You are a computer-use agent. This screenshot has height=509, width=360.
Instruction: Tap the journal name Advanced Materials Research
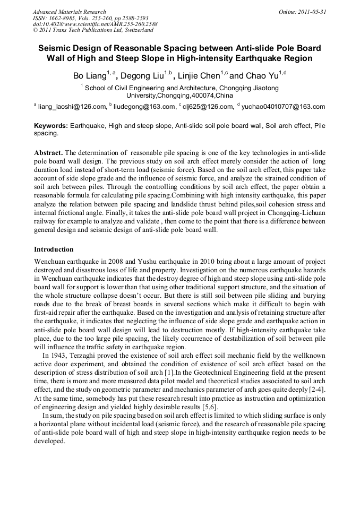click(x=69, y=12)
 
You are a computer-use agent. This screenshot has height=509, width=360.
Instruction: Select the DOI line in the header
click(x=95, y=24)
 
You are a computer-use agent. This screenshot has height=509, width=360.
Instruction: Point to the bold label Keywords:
click(x=51, y=126)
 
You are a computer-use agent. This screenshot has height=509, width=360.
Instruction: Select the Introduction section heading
click(x=54, y=249)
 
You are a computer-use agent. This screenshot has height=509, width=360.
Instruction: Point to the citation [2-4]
click(x=316, y=390)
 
